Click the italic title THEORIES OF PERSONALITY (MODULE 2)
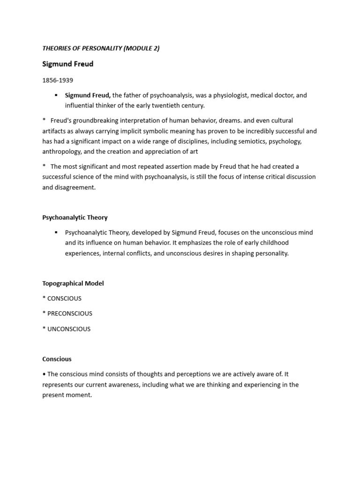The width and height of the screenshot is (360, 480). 101,48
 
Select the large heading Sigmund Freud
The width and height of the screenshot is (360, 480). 67,64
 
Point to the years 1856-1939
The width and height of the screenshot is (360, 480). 58,80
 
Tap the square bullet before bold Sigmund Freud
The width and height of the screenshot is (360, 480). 56,95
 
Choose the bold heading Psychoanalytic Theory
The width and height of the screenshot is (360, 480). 75,217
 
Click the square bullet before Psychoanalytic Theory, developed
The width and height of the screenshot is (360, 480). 56,232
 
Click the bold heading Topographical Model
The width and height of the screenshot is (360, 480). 73,283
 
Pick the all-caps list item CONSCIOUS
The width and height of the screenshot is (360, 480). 64,299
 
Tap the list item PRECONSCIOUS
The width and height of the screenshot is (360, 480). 70,314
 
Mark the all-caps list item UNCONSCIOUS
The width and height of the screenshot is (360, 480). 69,329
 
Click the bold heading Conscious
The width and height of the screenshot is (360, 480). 57,359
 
